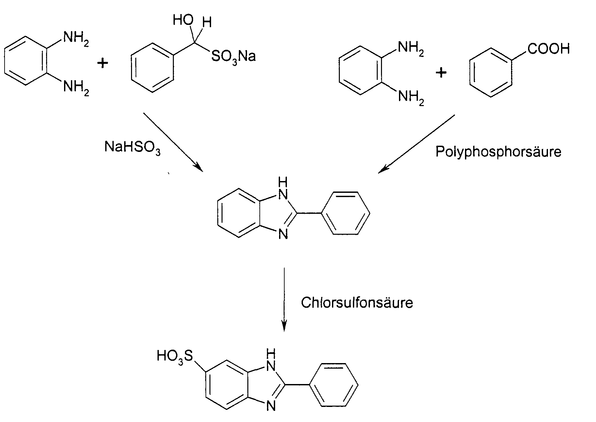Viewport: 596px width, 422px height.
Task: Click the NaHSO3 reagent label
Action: [132, 148]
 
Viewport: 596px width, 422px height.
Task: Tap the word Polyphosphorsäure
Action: [498, 152]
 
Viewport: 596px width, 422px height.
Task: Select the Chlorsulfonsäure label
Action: [357, 303]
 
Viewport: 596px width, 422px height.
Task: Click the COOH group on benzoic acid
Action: [548, 48]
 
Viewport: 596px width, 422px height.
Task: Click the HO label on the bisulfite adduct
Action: [183, 20]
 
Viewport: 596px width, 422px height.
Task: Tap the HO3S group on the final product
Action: [175, 356]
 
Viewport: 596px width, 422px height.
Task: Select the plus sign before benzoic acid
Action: [441, 73]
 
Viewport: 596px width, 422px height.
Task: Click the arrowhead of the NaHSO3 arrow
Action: [199, 167]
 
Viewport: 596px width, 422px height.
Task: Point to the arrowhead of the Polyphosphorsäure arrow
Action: [383, 169]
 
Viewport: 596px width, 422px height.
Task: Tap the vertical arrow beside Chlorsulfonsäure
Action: [284, 300]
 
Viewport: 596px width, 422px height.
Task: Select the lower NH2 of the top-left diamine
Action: [76, 88]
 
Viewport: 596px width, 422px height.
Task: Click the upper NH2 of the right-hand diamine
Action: [411, 49]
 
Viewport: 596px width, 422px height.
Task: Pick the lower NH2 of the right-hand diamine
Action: [411, 98]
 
